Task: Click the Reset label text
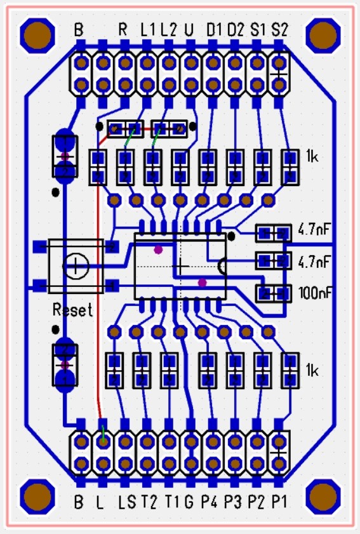click(x=72, y=310)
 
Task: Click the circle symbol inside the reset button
click(x=77, y=265)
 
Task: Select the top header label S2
click(x=279, y=30)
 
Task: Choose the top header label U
click(x=189, y=30)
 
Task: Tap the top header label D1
click(x=214, y=30)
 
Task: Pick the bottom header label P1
click(x=279, y=502)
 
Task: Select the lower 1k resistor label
click(x=313, y=370)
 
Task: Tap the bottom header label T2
click(x=148, y=502)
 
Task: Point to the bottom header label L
click(x=100, y=502)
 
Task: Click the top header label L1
click(x=147, y=30)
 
